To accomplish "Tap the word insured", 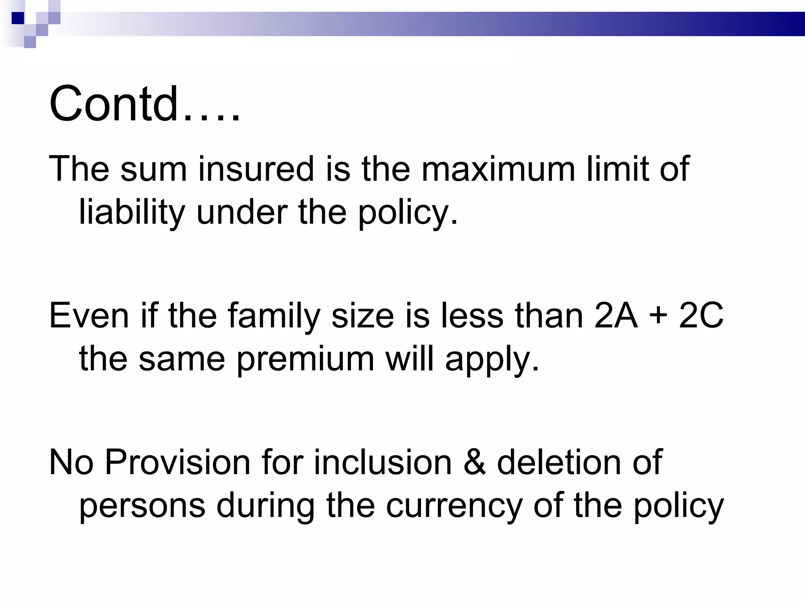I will click(x=256, y=169).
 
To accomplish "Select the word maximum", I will click(x=499, y=169).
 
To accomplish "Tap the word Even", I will click(x=89, y=316).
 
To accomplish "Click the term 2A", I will click(x=616, y=316).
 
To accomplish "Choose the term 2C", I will click(x=701, y=316).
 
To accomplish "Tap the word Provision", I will click(x=178, y=462).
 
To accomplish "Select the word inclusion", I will click(x=383, y=462).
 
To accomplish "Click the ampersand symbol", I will click(x=474, y=462).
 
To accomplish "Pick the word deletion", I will click(x=559, y=462).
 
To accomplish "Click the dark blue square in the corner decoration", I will click(x=18, y=18).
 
